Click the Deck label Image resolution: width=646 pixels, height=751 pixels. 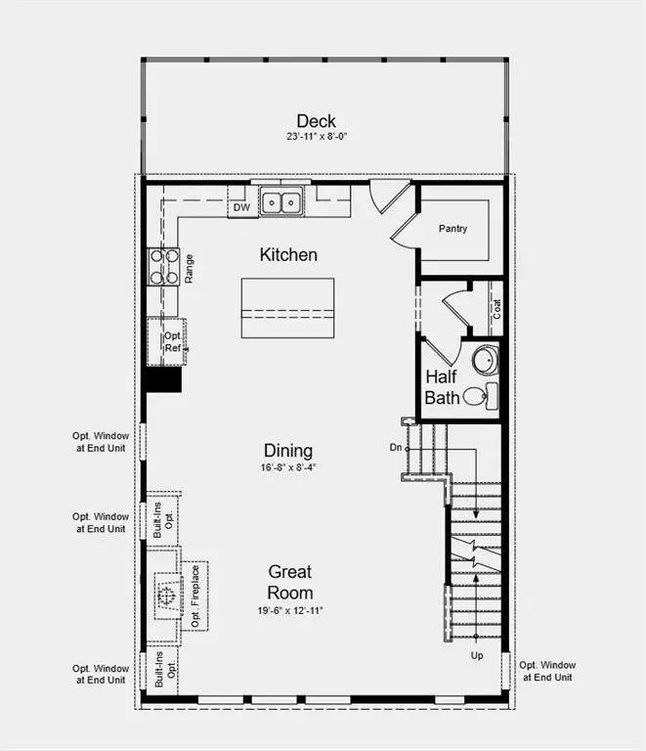(316, 121)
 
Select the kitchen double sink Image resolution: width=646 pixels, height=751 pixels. (283, 202)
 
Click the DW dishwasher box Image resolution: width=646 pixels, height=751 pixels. (241, 206)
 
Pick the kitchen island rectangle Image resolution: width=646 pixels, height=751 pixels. (287, 308)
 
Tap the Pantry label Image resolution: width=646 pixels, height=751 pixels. (452, 229)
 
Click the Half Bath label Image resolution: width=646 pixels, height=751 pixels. (442, 387)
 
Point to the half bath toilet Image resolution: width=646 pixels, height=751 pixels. (476, 396)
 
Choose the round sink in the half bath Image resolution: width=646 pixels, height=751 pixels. (485, 360)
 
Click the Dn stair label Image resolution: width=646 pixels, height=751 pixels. (395, 448)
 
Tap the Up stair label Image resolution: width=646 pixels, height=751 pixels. (477, 655)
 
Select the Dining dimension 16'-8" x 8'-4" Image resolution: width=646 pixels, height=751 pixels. (288, 467)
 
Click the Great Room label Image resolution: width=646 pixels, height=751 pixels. (290, 582)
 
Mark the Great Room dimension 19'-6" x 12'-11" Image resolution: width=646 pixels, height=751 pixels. (290, 610)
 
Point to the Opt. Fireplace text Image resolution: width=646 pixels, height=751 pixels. (194, 596)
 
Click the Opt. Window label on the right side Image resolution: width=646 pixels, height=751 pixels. (546, 671)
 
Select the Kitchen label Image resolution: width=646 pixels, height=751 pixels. (288, 254)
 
